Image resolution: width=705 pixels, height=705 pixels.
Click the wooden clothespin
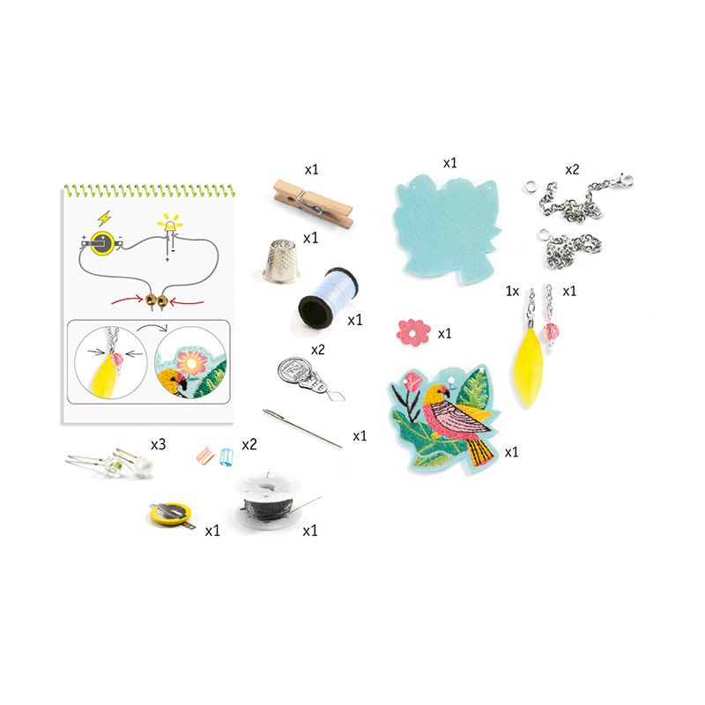[x=313, y=204]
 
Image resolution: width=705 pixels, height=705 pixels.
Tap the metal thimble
[x=282, y=262]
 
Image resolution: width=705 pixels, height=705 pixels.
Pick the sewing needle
[x=302, y=428]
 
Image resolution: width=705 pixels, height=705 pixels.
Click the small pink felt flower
[x=413, y=332]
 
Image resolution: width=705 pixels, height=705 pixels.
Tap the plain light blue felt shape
[x=447, y=230]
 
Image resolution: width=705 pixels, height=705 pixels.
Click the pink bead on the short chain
[x=551, y=332]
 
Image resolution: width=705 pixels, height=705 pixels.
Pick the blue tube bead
[x=226, y=456]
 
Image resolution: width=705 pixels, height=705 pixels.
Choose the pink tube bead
[x=205, y=456]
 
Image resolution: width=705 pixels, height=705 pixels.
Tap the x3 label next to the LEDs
[x=158, y=444]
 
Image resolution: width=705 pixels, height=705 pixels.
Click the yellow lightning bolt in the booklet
[x=104, y=219]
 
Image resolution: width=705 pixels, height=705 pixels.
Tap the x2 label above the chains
[x=572, y=169]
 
